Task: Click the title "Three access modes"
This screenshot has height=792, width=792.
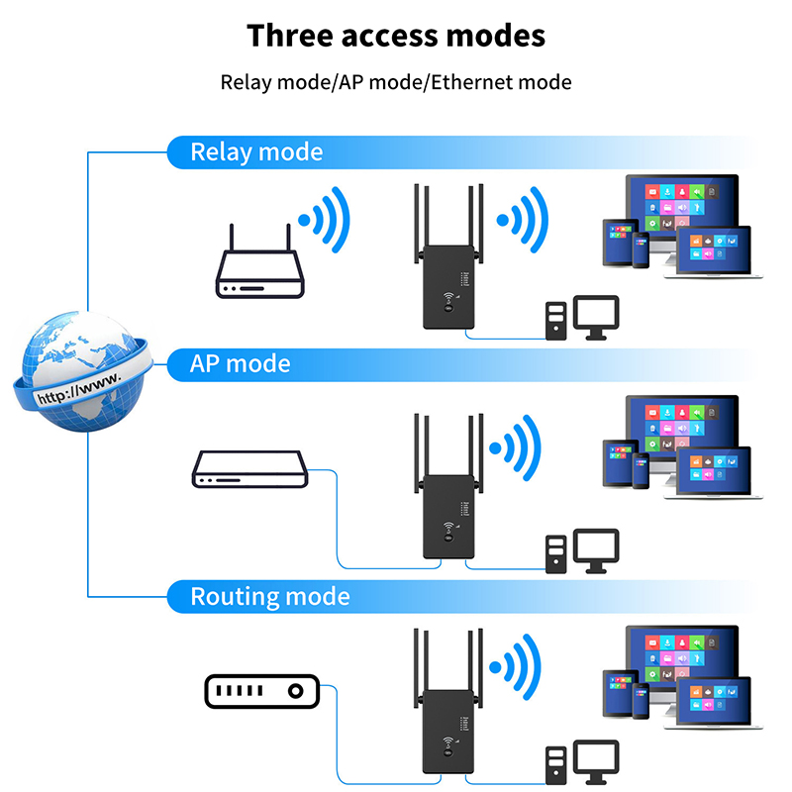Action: pyautogui.click(x=396, y=36)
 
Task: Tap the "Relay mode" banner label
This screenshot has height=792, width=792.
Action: pyautogui.click(x=256, y=151)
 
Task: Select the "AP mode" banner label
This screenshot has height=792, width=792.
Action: pyautogui.click(x=241, y=363)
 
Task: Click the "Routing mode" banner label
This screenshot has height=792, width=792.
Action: pyautogui.click(x=269, y=597)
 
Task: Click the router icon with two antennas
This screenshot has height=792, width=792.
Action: pyautogui.click(x=260, y=269)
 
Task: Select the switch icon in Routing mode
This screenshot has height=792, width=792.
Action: pyautogui.click(x=261, y=691)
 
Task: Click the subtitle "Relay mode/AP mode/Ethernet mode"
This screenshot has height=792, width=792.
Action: pyautogui.click(x=396, y=82)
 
